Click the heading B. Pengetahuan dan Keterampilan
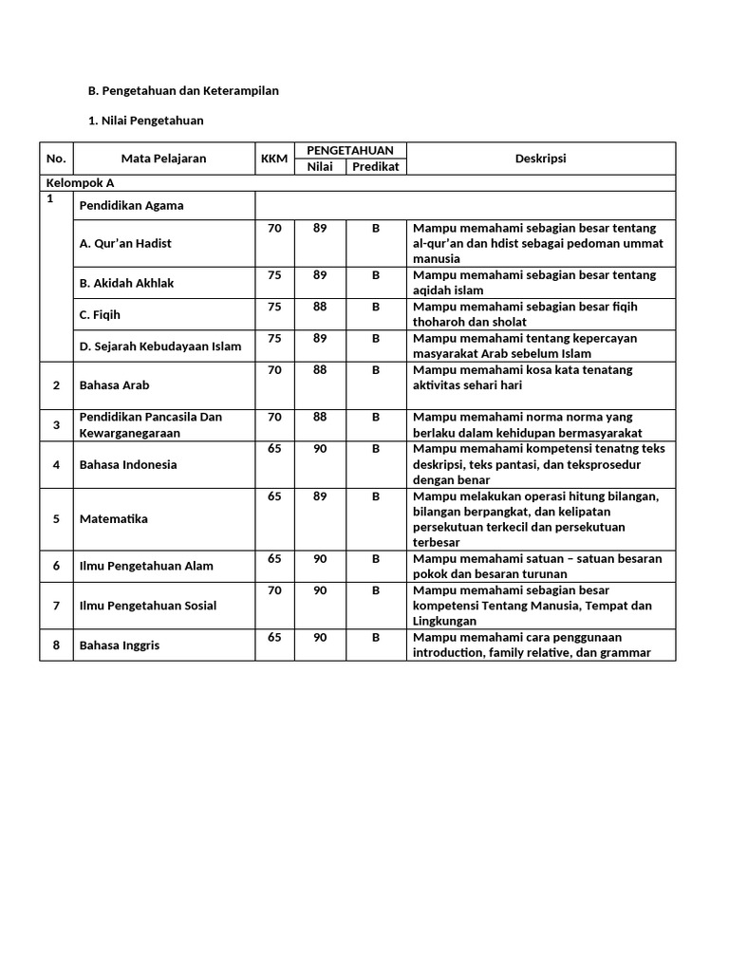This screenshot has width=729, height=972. (183, 90)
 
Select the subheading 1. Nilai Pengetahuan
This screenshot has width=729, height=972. (145, 121)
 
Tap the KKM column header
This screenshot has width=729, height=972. (274, 159)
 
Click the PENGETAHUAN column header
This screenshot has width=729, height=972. (350, 150)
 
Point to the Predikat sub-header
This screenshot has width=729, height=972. (376, 167)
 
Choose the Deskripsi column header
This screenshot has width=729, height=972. (541, 159)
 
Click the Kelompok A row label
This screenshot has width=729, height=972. (81, 183)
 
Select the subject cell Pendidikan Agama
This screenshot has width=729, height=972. (132, 205)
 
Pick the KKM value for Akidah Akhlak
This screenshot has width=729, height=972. (274, 274)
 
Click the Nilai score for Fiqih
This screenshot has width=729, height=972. (320, 306)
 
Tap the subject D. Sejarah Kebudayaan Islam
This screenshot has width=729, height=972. (160, 346)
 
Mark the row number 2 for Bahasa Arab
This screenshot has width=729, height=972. (56, 385)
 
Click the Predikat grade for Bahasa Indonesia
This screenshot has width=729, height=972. (376, 448)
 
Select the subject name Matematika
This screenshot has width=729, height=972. (114, 519)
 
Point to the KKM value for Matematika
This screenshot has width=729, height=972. (274, 495)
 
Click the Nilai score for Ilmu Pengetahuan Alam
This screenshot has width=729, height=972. (320, 558)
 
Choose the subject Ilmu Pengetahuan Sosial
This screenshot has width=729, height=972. (148, 606)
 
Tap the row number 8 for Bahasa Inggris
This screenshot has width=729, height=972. (56, 645)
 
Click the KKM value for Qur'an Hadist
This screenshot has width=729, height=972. (274, 228)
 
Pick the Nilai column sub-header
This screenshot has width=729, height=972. (320, 167)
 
